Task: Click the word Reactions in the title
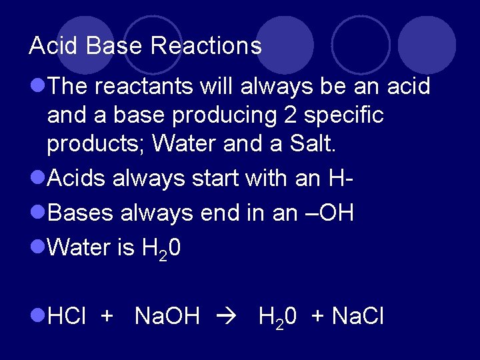click(206, 46)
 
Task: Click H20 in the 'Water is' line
click(161, 248)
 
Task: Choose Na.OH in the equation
click(167, 316)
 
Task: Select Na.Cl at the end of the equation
click(358, 316)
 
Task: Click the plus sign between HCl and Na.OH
click(106, 316)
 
